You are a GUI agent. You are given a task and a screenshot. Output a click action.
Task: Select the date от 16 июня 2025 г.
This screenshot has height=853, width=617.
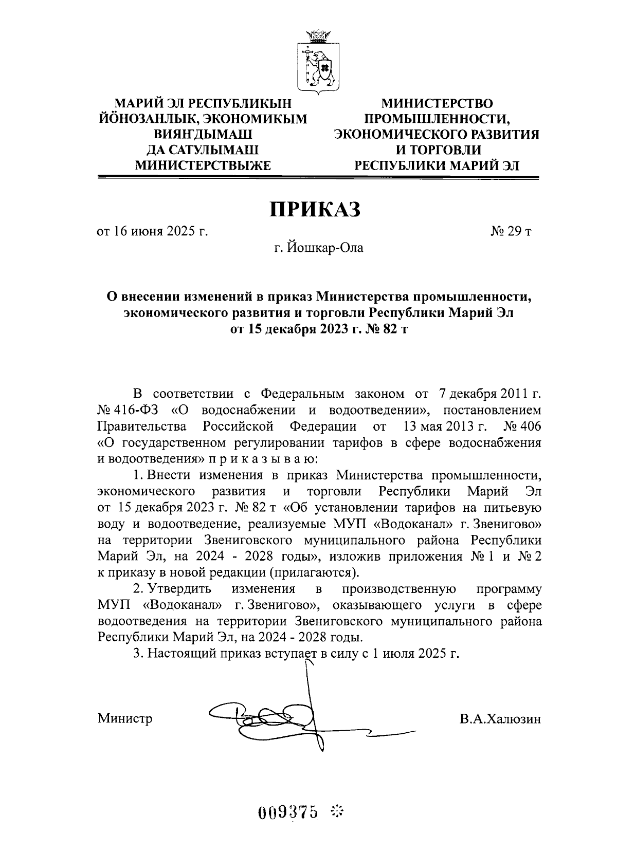[x=153, y=231]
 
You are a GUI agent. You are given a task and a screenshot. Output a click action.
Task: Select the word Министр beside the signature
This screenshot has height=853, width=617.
[x=125, y=718]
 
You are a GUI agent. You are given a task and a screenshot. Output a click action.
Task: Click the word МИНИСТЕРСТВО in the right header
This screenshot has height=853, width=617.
[x=437, y=104]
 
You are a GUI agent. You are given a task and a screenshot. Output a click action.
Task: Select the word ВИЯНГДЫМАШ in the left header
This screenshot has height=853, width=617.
[x=203, y=135]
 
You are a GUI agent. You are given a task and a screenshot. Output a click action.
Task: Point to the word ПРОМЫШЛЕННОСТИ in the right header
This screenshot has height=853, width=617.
[x=437, y=119]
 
